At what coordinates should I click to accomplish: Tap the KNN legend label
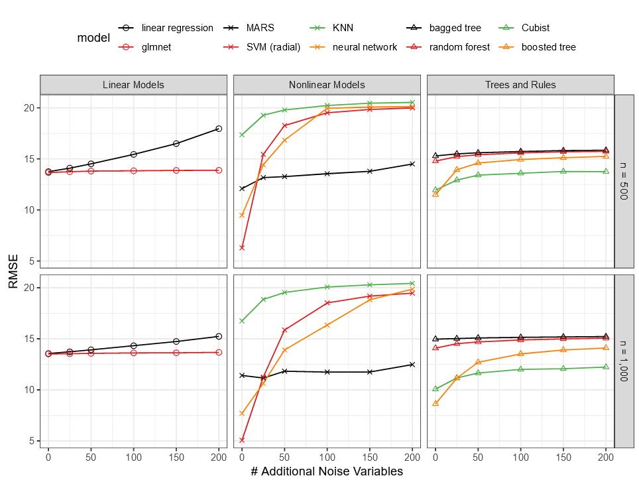tap(342, 28)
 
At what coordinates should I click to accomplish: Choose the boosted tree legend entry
tap(548, 47)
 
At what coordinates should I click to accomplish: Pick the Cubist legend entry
tap(535, 28)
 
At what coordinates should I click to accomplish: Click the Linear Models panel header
tap(133, 85)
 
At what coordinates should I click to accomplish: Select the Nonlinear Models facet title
tap(327, 85)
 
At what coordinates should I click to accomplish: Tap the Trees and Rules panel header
tap(520, 85)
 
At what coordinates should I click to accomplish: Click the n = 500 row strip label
tap(624, 181)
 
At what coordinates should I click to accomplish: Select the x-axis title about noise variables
tap(327, 471)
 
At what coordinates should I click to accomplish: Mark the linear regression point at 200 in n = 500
tap(219, 129)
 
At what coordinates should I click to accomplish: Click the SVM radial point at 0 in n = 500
tap(242, 247)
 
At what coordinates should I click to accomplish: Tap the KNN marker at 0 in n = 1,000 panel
tap(242, 321)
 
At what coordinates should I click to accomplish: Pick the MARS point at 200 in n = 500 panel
tap(412, 164)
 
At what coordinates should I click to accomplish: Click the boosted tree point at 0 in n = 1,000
tap(436, 403)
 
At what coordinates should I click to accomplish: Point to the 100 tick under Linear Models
tap(133, 457)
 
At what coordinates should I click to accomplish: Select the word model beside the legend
tap(93, 38)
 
